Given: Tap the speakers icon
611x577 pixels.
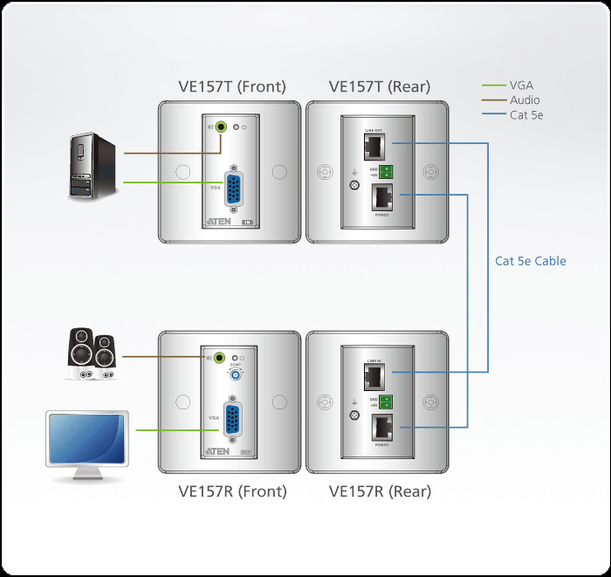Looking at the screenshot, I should (92, 354).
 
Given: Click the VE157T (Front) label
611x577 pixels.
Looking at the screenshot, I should (231, 86).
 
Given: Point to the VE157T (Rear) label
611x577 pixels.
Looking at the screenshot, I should (379, 86).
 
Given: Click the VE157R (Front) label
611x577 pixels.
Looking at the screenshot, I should (232, 491).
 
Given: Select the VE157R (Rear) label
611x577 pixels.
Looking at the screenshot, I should (380, 491).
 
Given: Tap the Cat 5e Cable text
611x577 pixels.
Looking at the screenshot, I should (531, 261).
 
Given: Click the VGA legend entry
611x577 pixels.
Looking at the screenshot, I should (521, 86).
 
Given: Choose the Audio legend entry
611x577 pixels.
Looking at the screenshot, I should (525, 100).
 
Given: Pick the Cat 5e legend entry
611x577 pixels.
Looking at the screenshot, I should (525, 115).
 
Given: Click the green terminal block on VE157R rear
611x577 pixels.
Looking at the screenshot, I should (385, 402).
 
